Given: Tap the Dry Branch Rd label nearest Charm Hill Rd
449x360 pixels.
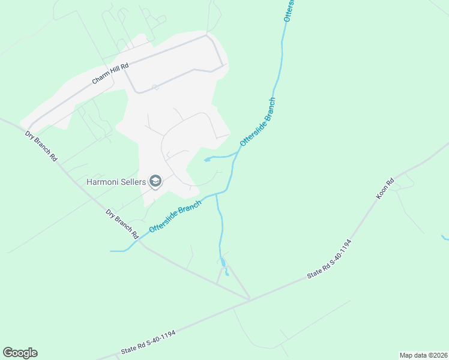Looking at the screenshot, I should click(x=41, y=146).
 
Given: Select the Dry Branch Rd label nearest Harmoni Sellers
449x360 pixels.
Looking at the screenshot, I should click(x=122, y=223).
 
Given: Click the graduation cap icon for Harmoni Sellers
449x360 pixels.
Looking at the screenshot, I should click(x=155, y=181).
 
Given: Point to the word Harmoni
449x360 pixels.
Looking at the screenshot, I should click(x=104, y=181).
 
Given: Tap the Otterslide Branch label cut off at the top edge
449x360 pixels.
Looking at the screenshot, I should click(x=288, y=11).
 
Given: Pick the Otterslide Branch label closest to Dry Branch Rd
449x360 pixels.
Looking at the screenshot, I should click(x=176, y=216).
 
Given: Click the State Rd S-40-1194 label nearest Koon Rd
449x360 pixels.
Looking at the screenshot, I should click(x=329, y=259).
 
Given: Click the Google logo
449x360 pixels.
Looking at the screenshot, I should click(x=20, y=353).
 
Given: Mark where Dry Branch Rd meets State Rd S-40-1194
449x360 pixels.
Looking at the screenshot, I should click(x=250, y=298).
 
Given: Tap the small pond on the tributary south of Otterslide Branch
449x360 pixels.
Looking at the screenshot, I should click(x=223, y=262).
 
